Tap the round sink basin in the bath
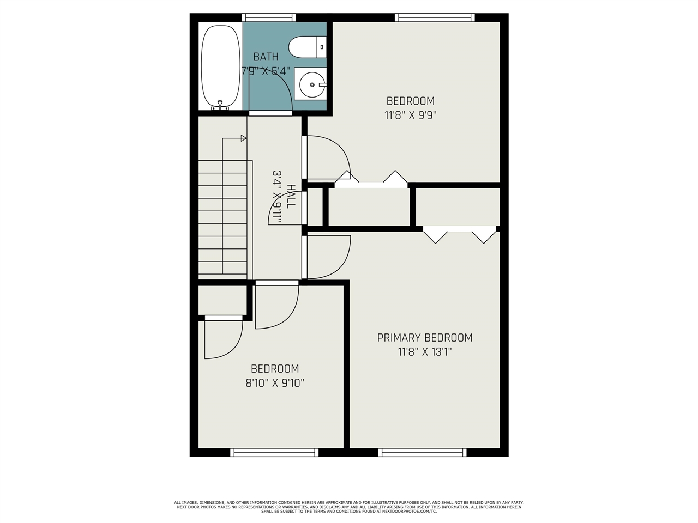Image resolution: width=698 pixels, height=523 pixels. (312, 85)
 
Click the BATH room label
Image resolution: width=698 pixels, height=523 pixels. (266, 57)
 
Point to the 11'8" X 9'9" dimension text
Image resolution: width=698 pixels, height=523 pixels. (411, 115)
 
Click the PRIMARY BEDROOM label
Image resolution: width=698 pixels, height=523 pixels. (425, 338)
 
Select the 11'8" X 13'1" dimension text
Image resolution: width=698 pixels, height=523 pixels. (425, 352)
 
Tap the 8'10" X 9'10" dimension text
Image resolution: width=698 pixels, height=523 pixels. (275, 383)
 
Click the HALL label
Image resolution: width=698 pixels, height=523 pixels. (291, 196)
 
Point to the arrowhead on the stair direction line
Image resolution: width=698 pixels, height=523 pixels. (244, 138)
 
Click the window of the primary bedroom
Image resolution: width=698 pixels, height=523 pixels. (423, 452)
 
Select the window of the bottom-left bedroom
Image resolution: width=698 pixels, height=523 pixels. (274, 452)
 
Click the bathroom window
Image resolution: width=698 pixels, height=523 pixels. (269, 17)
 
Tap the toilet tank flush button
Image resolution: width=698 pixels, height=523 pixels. (322, 47)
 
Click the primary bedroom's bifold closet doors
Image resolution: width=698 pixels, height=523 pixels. (459, 234)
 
